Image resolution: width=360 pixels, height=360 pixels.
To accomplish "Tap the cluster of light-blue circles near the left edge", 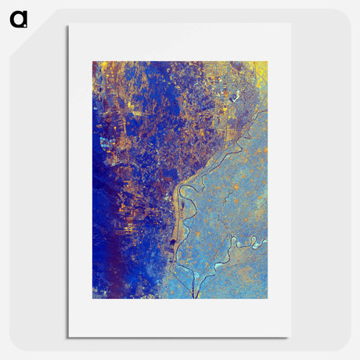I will pyautogui.click(x=106, y=143).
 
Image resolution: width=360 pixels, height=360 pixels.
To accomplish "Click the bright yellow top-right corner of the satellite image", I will pyautogui.click(x=262, y=67).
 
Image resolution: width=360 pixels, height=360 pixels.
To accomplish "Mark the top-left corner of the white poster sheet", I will pyautogui.click(x=69, y=25).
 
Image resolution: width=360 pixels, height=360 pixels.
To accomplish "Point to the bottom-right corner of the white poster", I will pyautogui.click(x=290, y=337).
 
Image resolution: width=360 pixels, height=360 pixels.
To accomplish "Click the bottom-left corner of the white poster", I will pyautogui.click(x=69, y=337).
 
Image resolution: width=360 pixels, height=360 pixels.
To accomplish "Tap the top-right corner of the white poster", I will pyautogui.click(x=290, y=23).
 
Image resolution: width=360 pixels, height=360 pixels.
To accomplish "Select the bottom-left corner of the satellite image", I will pyautogui.click(x=93, y=297).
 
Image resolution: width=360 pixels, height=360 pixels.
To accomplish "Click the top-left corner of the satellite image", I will pyautogui.click(x=93, y=62).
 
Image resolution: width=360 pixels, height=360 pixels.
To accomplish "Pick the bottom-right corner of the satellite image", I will pyautogui.click(x=267, y=297).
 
